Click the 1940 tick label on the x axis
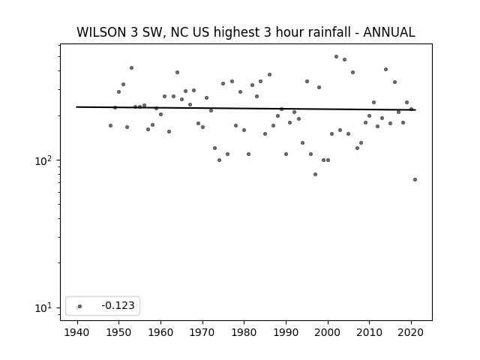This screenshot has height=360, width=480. (76, 332)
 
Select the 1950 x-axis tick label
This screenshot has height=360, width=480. (118, 332)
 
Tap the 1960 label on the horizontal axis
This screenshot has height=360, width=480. (160, 332)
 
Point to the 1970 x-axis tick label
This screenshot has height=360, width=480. (202, 332)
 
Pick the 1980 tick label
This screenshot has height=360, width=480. (244, 332)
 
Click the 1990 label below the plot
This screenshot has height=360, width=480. (286, 332)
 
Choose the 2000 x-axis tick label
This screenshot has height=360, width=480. (328, 332)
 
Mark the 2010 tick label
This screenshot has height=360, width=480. (369, 332)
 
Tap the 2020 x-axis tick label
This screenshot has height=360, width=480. (411, 332)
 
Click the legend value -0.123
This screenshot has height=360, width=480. (118, 305)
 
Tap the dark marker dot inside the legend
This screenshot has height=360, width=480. (80, 306)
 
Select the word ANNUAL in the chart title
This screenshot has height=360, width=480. (389, 32)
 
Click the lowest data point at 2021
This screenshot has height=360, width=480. (415, 180)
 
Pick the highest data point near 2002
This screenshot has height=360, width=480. (336, 57)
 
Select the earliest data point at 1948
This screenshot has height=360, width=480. (110, 125)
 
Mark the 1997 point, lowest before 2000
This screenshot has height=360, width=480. (315, 175)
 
